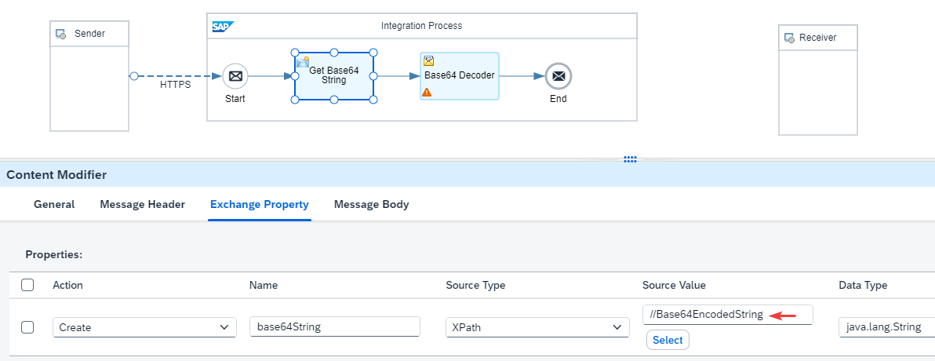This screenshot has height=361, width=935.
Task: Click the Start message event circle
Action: click(x=235, y=76)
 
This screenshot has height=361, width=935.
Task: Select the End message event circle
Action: click(x=558, y=76)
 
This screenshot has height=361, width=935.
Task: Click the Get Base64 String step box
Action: click(x=334, y=76)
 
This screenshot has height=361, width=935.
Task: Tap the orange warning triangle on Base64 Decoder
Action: click(x=427, y=92)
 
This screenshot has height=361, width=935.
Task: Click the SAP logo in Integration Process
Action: click(x=223, y=27)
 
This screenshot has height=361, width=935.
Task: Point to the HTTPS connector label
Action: click(x=176, y=85)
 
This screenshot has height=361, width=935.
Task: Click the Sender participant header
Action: click(x=89, y=34)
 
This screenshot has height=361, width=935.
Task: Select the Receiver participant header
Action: click(x=817, y=38)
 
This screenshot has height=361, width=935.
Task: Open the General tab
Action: click(x=54, y=205)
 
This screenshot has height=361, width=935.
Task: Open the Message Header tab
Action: click(x=143, y=205)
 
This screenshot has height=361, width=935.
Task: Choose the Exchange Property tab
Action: click(x=260, y=205)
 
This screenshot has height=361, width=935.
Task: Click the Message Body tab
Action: click(x=372, y=205)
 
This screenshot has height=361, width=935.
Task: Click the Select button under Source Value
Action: click(x=668, y=340)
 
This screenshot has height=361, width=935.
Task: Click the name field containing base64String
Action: click(x=335, y=327)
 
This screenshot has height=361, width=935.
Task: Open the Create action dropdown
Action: click(x=144, y=327)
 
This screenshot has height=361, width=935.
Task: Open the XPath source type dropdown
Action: click(x=537, y=327)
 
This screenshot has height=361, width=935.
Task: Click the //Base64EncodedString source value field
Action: click(x=727, y=315)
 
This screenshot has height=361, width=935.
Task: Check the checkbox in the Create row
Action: click(x=27, y=327)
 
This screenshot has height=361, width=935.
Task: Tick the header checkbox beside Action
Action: click(x=27, y=285)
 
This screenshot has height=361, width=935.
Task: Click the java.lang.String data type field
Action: click(x=886, y=327)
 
